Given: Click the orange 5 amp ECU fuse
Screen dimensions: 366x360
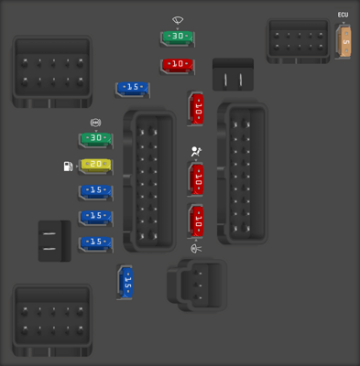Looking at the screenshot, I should pyautogui.click(x=345, y=42).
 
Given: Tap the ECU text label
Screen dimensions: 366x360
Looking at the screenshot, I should pyautogui.click(x=344, y=15).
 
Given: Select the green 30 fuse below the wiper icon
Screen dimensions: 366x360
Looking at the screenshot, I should pyautogui.click(x=178, y=38).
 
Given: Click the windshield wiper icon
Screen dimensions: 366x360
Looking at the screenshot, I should pyautogui.click(x=178, y=19).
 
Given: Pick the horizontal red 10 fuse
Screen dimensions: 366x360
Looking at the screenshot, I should pyautogui.click(x=178, y=65).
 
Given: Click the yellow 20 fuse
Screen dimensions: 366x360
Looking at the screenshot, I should pyautogui.click(x=95, y=166).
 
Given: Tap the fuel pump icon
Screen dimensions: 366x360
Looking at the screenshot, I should pyautogui.click(x=68, y=167).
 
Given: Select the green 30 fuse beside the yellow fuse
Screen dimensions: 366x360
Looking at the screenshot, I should pyautogui.click(x=95, y=139).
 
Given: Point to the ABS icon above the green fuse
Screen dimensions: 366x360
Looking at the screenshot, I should pyautogui.click(x=95, y=123).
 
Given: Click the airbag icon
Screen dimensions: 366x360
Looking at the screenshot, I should pyautogui.click(x=195, y=153).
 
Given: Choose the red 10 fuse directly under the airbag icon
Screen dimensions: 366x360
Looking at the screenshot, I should pyautogui.click(x=196, y=179).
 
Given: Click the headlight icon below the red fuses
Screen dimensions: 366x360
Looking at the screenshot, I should pyautogui.click(x=196, y=248).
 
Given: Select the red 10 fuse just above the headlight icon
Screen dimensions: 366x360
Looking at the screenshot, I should pyautogui.click(x=196, y=221).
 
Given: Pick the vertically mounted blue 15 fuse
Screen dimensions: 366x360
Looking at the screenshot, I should pyautogui.click(x=126, y=283).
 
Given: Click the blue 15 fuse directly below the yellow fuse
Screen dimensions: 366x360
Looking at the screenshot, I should pyautogui.click(x=95, y=191).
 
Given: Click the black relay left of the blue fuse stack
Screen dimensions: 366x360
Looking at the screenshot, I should pyautogui.click(x=54, y=241).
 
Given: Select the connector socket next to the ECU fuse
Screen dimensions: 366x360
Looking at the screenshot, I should pyautogui.click(x=297, y=41).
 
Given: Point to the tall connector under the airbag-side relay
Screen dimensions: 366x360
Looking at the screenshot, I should pyautogui.click(x=242, y=174).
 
